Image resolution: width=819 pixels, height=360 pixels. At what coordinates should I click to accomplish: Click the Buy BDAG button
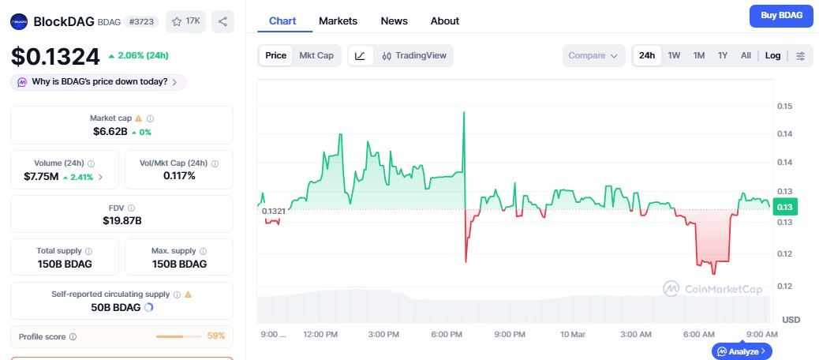pyautogui.click(x=780, y=16)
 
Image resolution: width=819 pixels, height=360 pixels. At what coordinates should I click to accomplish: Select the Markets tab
pyautogui.click(x=338, y=21)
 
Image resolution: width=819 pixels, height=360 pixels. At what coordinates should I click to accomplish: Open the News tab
pyautogui.click(x=394, y=21)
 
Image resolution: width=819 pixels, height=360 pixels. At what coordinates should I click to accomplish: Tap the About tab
pyautogui.click(x=445, y=21)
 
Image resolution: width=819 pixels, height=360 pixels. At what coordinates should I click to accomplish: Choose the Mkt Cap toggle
pyautogui.click(x=316, y=55)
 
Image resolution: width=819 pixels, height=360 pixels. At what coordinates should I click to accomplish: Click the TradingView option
pyautogui.click(x=414, y=55)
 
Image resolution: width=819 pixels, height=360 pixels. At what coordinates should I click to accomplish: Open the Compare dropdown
pyautogui.click(x=593, y=55)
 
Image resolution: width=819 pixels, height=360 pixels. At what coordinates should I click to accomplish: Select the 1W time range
pyautogui.click(x=674, y=55)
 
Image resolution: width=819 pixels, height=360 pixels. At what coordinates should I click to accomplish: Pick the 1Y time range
pyautogui.click(x=722, y=55)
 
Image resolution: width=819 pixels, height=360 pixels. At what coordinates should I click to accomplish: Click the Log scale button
pyautogui.click(x=772, y=55)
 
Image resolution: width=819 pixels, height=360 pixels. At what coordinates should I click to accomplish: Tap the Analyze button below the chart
pyautogui.click(x=742, y=351)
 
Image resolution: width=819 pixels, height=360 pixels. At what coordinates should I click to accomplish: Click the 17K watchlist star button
pyautogui.click(x=185, y=21)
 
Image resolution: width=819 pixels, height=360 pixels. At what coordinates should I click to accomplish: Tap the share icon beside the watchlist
pyautogui.click(x=223, y=21)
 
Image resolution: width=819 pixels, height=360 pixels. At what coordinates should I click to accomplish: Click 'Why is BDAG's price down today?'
pyautogui.click(x=99, y=81)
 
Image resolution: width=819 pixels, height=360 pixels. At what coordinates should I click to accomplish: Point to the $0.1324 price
pyautogui.click(x=55, y=56)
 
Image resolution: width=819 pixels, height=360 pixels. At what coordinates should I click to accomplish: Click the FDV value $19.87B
pyautogui.click(x=122, y=220)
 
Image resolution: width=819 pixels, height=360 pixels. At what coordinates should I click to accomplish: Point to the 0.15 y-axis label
pyautogui.click(x=785, y=106)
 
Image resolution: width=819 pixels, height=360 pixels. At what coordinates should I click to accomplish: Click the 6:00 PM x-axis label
pyautogui.click(x=447, y=335)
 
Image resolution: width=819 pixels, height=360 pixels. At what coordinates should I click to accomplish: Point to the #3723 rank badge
pyautogui.click(x=142, y=22)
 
